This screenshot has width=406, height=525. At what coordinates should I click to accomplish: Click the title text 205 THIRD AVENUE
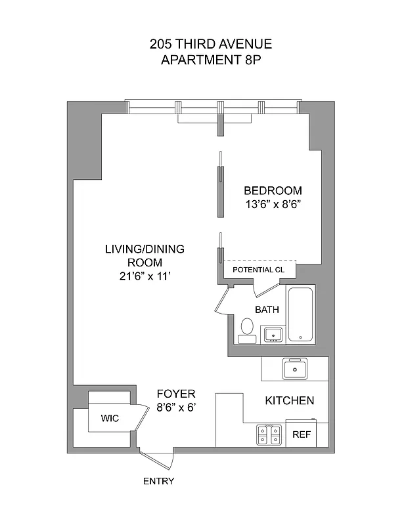tap(210, 45)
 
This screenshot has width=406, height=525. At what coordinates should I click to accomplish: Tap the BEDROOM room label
tap(273, 190)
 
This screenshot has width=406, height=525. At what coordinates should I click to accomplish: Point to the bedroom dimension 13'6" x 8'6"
tap(273, 203)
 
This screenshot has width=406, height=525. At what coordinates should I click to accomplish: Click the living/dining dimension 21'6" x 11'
tap(145, 276)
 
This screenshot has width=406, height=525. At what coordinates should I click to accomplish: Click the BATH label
tap(267, 309)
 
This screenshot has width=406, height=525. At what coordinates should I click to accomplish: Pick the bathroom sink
tap(273, 335)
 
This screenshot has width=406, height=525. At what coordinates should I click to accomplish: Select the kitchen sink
tap(295, 369)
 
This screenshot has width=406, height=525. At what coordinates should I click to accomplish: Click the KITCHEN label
tap(289, 400)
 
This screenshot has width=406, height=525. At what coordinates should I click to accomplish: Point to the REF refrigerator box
tap(301, 434)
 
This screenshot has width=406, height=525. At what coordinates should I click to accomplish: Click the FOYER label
tap(175, 394)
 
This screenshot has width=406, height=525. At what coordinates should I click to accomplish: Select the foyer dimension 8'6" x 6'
tap(175, 408)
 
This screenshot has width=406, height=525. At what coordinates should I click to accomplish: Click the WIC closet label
tap(109, 417)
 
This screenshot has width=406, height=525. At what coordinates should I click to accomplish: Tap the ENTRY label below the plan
tap(158, 481)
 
